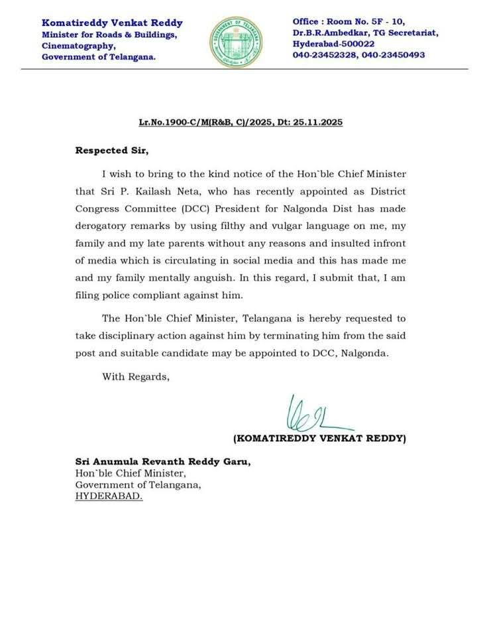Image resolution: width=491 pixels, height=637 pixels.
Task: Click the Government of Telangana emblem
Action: point(235,42)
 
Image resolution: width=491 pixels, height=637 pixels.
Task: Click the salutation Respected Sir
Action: point(112,151)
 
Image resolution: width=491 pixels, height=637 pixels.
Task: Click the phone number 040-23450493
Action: point(392,54)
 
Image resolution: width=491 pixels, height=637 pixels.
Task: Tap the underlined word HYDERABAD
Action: point(108,495)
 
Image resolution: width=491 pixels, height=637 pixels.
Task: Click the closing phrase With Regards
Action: point(136,377)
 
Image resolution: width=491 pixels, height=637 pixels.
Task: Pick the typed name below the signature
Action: point(319,439)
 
